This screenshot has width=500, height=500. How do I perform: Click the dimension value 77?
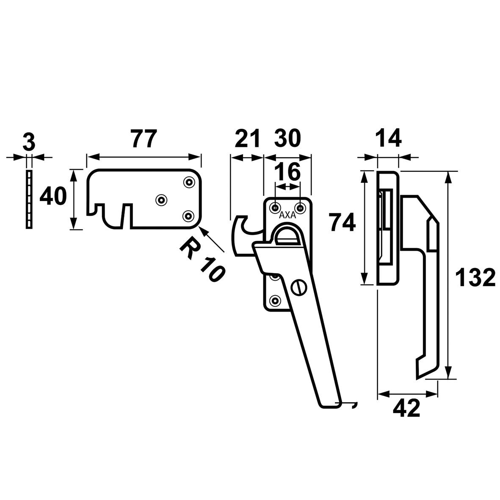click(143, 139)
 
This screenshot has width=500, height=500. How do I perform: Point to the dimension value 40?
click(53, 198)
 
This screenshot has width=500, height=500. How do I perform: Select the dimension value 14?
click(387, 139)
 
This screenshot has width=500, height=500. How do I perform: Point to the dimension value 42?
click(406, 409)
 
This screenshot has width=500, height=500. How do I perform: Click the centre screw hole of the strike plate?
click(161, 200)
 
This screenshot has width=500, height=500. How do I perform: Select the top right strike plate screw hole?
click(188, 182)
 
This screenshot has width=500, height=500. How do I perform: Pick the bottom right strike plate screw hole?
click(188, 216)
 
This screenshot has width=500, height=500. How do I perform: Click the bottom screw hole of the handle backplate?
click(275, 301)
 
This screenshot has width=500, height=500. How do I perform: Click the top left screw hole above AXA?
click(275, 208)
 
